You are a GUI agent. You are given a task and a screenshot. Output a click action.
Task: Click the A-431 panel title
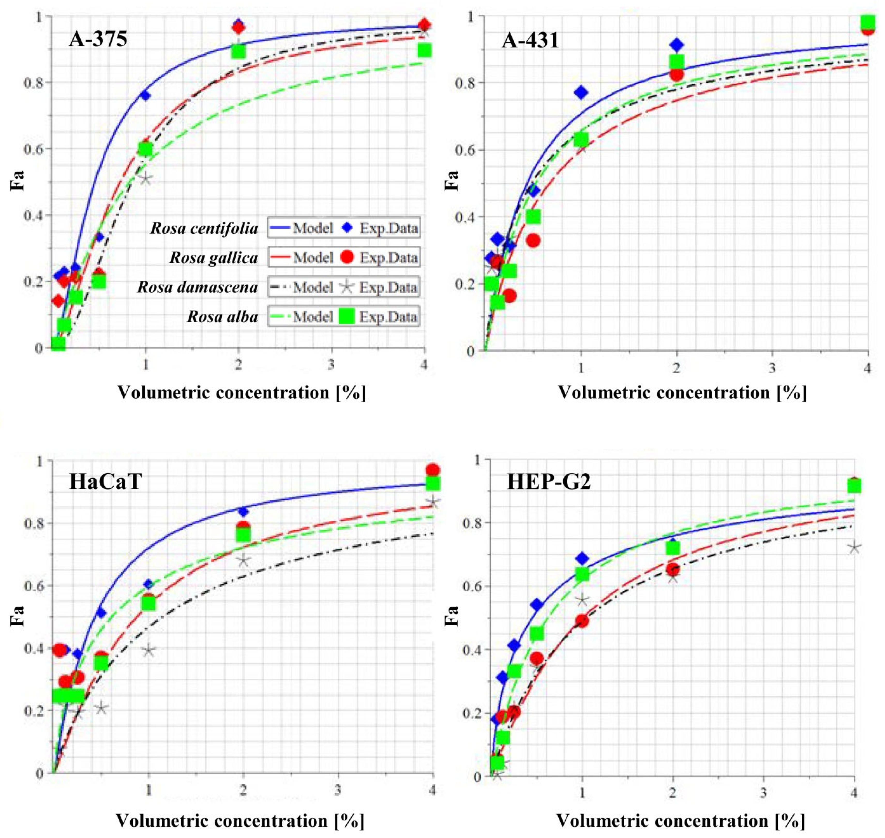[530, 41]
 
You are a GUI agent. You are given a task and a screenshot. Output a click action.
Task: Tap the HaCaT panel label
[106, 482]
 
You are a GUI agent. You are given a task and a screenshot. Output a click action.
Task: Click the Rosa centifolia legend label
[204, 228]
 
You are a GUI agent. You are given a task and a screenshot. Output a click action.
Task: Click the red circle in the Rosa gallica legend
[347, 257]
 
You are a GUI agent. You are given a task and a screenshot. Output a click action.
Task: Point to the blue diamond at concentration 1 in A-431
[581, 93]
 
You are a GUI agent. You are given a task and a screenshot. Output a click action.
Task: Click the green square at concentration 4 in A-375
[424, 50]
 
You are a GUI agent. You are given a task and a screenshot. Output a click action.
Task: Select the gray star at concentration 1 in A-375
[145, 179]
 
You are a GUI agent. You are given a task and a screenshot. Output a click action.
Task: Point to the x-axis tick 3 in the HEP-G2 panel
[763, 793]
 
